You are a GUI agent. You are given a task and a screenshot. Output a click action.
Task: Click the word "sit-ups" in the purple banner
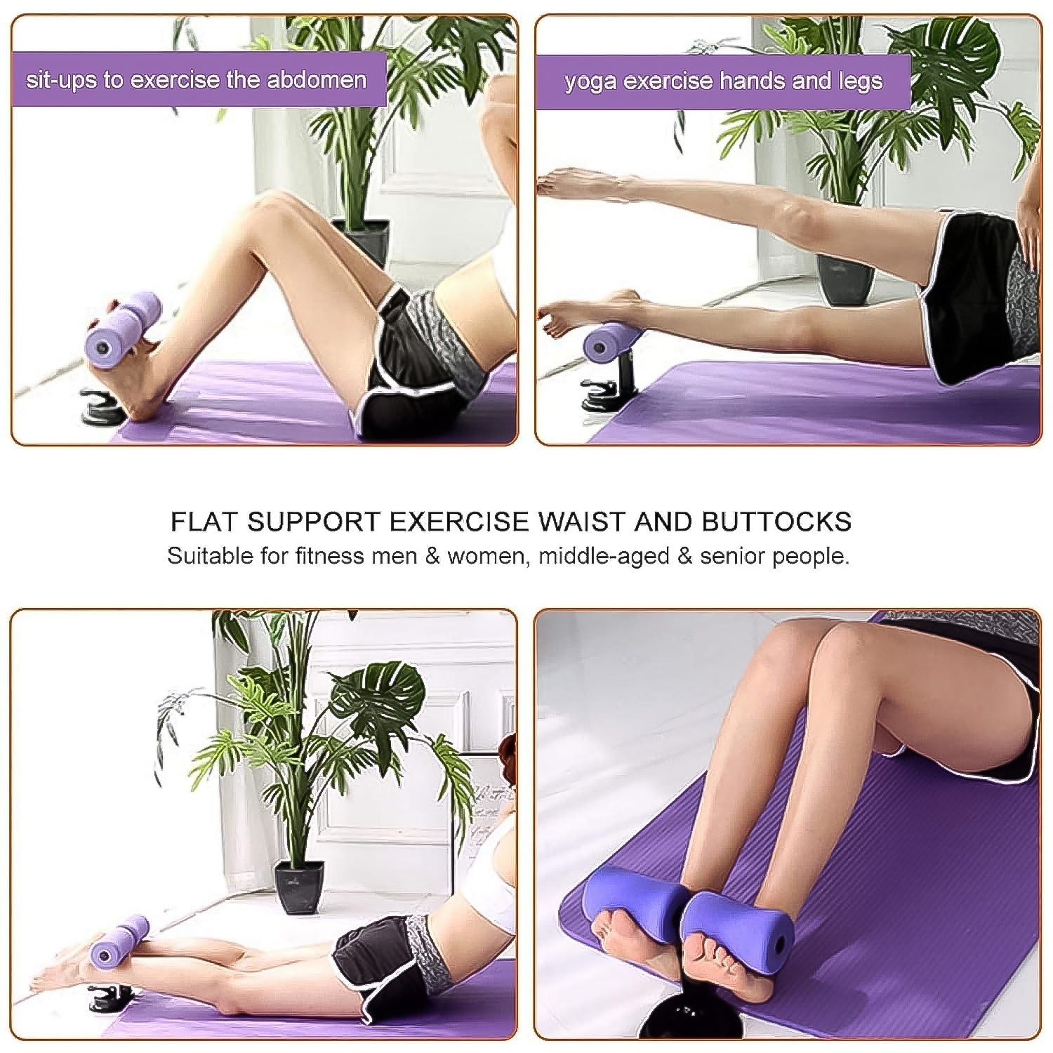click(60, 79)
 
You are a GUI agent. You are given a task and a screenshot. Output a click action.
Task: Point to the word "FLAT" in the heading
click(203, 522)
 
